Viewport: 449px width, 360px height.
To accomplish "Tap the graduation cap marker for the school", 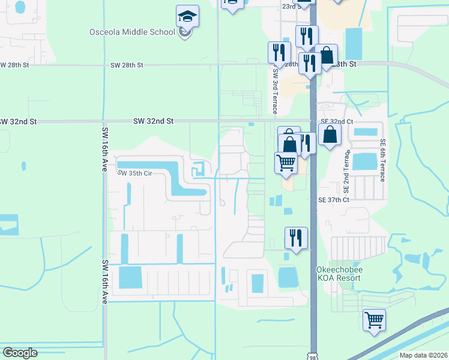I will (187, 17).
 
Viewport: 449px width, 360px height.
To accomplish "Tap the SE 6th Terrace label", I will (382, 161).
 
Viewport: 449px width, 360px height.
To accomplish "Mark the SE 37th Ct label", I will (334, 200).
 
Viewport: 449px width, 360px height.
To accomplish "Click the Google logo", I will (20, 353).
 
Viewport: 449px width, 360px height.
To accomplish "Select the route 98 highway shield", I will (313, 356).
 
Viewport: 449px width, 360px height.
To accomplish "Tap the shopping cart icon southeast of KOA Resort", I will (375, 319).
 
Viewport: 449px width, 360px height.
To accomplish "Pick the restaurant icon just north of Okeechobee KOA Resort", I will (296, 237).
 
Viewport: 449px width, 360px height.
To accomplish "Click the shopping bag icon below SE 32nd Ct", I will (330, 134).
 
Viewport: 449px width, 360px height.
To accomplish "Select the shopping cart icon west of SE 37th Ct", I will (286, 162).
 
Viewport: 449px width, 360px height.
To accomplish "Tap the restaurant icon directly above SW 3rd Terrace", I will (279, 52).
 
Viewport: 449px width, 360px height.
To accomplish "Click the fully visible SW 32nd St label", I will (153, 121).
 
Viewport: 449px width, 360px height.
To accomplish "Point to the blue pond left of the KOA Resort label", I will (289, 277).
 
